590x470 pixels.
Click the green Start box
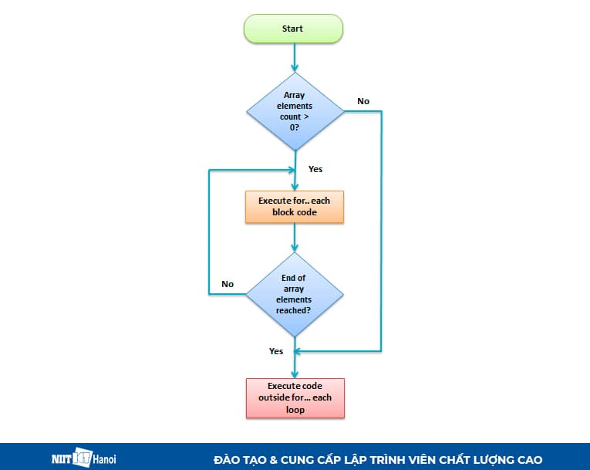coord(294,29)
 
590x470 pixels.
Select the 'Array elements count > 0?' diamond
coord(294,111)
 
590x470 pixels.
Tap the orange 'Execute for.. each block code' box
coord(294,206)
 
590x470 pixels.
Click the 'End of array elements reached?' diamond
coord(294,294)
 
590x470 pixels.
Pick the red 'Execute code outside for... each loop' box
coord(295,397)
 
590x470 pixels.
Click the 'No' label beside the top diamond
coord(363,101)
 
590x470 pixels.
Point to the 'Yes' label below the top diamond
coord(315,168)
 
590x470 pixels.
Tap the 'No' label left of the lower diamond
coord(228,284)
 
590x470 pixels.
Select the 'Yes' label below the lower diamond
coord(276,351)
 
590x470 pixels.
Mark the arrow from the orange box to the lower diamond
coord(294,237)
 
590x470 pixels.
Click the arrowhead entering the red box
coord(294,373)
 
